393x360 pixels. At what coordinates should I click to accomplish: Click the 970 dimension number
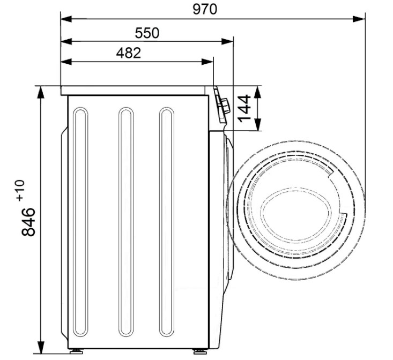(205, 10)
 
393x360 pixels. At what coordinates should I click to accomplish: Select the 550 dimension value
(147, 33)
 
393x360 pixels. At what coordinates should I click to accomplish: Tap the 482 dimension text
(129, 53)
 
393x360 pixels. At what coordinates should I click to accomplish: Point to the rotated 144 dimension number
(244, 108)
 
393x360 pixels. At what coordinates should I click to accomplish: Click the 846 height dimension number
(28, 222)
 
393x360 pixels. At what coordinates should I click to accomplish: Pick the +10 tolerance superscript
(20, 190)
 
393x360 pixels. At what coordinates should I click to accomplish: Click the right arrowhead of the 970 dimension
(359, 19)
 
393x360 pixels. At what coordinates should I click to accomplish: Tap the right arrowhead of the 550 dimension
(227, 41)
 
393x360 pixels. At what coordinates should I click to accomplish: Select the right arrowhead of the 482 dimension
(207, 62)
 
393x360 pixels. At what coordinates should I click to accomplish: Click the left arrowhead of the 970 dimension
(66, 19)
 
